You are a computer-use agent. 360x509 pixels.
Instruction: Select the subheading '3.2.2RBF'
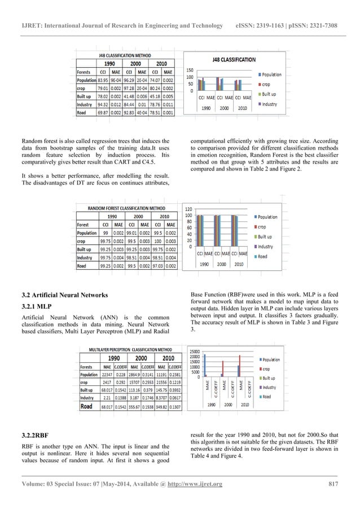tap(34, 436)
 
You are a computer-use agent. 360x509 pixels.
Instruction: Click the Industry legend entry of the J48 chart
tap(269, 104)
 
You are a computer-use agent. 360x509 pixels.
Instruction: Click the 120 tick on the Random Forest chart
tap(189, 209)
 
